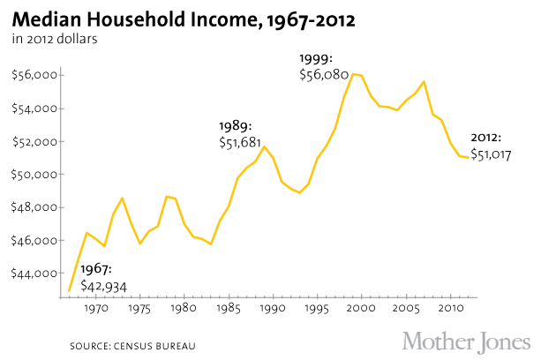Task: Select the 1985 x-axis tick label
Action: coord(229,310)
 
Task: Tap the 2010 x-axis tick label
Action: coord(449,310)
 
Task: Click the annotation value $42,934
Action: coord(104,286)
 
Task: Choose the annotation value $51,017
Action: coord(491,154)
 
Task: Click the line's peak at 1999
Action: coord(352,74)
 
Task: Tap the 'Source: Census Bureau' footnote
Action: coord(132,344)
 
